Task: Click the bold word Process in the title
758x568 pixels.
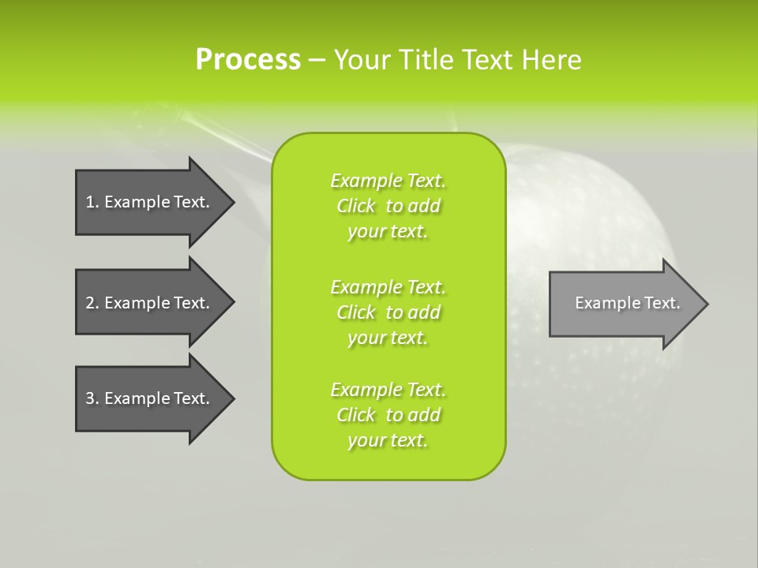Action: [248, 60]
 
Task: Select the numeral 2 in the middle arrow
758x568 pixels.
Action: [91, 303]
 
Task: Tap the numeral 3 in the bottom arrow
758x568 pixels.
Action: [91, 398]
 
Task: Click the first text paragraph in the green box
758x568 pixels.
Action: [388, 206]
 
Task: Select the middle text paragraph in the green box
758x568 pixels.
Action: [388, 312]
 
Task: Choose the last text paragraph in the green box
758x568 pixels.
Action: [388, 415]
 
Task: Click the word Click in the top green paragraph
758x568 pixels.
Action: [356, 206]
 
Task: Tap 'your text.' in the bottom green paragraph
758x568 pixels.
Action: [388, 440]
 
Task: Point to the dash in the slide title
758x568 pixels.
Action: [317, 60]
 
